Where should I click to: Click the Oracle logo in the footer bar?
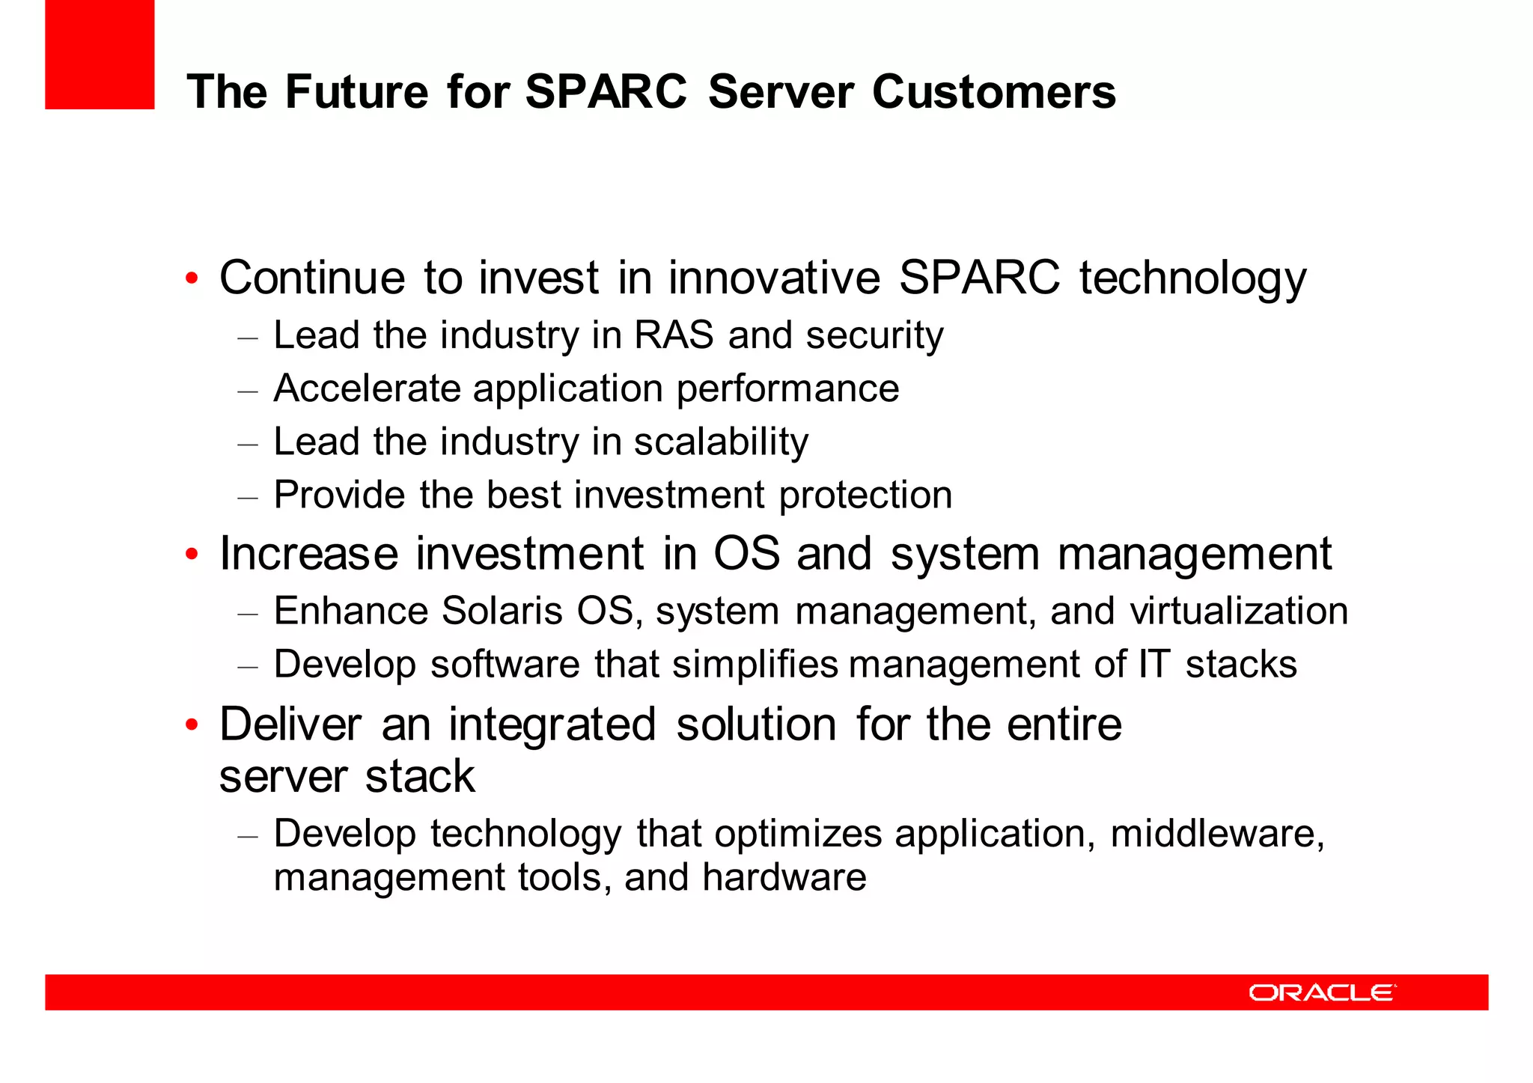[1322, 992]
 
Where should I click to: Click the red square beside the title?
[100, 55]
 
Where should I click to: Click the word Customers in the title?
[993, 92]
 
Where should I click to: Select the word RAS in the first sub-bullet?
[674, 335]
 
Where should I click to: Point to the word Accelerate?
[367, 388]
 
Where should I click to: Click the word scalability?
[721, 442]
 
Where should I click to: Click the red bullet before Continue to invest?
[192, 278]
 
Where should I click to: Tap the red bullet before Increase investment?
[192, 555]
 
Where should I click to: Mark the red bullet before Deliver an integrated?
[192, 724]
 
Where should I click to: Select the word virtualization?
[1238, 611]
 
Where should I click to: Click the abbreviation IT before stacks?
[1153, 665]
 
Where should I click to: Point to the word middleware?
[1216, 834]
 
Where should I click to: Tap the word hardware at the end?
[784, 877]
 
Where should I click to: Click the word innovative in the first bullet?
[774, 278]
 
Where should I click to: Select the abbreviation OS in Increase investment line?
[746, 554]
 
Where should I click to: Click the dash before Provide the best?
[248, 496]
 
